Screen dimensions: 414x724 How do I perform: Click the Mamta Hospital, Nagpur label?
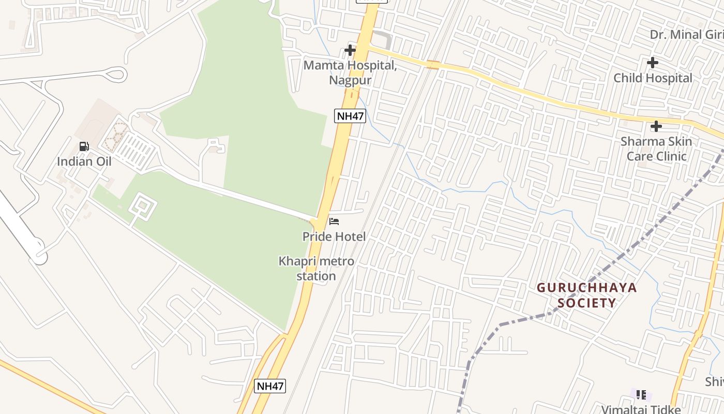[350, 73]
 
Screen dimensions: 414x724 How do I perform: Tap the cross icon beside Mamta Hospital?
[350, 50]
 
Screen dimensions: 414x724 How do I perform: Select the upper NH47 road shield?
[350, 116]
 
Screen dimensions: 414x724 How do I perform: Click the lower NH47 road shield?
[270, 386]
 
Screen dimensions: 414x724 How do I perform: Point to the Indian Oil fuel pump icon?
[84, 146]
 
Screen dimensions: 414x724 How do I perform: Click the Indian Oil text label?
[84, 161]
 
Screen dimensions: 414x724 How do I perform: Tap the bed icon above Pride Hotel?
[334, 222]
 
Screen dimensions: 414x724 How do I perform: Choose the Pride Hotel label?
[334, 236]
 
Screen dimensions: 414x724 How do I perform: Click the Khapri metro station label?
[316, 268]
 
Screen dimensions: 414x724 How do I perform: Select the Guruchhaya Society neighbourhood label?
[586, 295]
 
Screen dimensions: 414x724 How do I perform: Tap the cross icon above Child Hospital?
[653, 63]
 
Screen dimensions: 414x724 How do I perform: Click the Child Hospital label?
[653, 78]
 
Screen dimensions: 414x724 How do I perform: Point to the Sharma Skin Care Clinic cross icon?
[656, 126]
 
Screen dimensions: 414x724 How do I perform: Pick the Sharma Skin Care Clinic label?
[656, 149]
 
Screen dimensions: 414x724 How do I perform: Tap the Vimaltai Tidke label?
[641, 409]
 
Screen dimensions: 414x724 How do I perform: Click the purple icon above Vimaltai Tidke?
[641, 395]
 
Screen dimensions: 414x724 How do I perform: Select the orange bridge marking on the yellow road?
[433, 65]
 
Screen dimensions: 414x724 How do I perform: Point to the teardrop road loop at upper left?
[117, 75]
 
